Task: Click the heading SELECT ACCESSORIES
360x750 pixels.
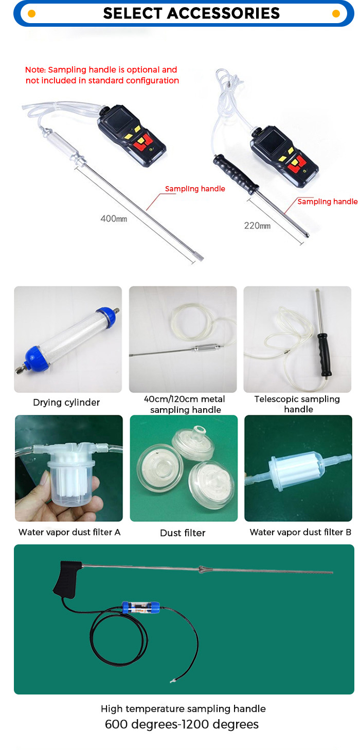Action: pyautogui.click(x=191, y=13)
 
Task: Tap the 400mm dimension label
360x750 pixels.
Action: pyautogui.click(x=113, y=218)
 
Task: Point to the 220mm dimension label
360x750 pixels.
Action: pyautogui.click(x=257, y=225)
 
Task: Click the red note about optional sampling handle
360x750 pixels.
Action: pyautogui.click(x=102, y=75)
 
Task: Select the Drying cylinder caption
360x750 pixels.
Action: pyautogui.click(x=66, y=403)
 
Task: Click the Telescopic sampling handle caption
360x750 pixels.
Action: pyautogui.click(x=297, y=404)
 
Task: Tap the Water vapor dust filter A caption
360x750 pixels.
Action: pyautogui.click(x=69, y=532)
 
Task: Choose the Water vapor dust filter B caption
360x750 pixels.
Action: pyautogui.click(x=300, y=532)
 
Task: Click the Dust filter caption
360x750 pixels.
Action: pyautogui.click(x=183, y=533)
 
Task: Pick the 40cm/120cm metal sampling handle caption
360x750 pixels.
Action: pyautogui.click(x=185, y=405)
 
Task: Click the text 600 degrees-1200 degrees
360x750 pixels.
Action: pyautogui.click(x=182, y=725)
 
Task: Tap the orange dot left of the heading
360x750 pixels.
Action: pyautogui.click(x=31, y=13)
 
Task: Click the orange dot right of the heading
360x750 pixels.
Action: pyautogui.click(x=336, y=13)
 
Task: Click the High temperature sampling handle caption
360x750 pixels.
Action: pyautogui.click(x=183, y=709)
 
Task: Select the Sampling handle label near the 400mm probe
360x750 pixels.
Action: pyautogui.click(x=195, y=189)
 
